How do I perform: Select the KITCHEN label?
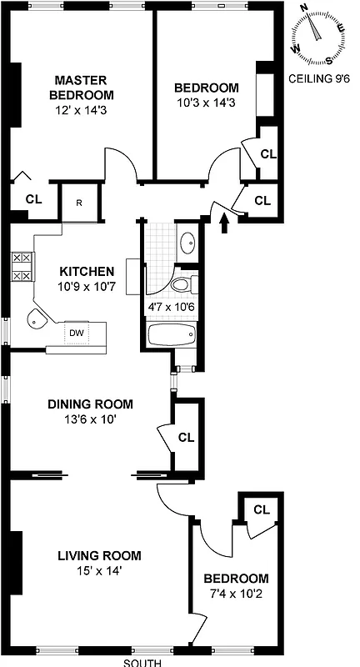coord(86,272)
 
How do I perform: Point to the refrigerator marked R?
coord(78,203)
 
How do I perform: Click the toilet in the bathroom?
coord(182,284)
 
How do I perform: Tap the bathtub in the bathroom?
coord(171,336)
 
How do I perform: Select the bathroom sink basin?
coord(187,243)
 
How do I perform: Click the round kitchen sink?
coord(37,318)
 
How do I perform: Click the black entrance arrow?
coord(222,220)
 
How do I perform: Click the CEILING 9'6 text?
coord(318,80)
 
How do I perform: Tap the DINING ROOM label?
coord(90,404)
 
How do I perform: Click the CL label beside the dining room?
coord(186,437)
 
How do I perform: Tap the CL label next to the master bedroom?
coord(33,198)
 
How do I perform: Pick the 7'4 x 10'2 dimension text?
coord(237,594)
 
